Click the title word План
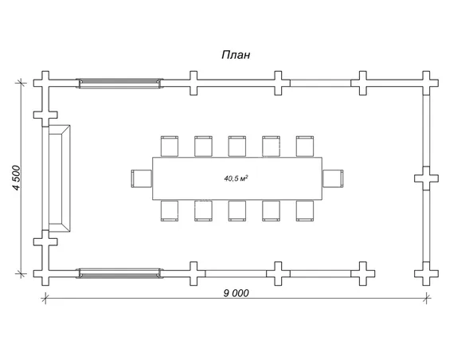pos(236,55)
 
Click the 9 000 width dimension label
pos(236,293)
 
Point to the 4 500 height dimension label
pos(16,178)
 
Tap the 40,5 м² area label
pos(236,178)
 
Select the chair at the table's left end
pos(142,178)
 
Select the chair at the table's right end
pos(333,178)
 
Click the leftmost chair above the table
pos(170,147)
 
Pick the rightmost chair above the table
pos(305,147)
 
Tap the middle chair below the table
pos(237,211)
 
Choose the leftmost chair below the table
pos(170,211)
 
